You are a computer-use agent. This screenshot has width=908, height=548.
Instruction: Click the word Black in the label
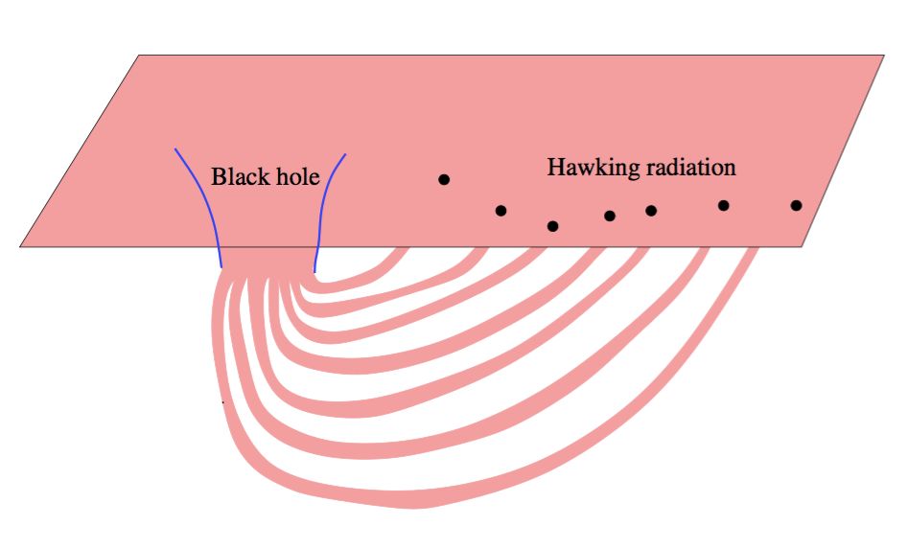pyautogui.click(x=235, y=177)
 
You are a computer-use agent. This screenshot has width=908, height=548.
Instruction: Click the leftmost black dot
pyautogui.click(x=444, y=179)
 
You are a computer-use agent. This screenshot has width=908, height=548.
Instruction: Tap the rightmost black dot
pyautogui.click(x=796, y=205)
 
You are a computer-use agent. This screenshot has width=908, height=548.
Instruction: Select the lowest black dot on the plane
pyautogui.click(x=552, y=226)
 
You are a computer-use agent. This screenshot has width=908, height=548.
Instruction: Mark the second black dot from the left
pyautogui.click(x=501, y=211)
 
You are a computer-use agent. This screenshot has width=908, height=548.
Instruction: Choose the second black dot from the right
pyautogui.click(x=724, y=205)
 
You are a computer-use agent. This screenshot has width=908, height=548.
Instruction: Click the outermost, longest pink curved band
pyautogui.click(x=422, y=498)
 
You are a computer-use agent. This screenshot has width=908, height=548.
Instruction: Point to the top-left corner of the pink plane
pyautogui.click(x=141, y=56)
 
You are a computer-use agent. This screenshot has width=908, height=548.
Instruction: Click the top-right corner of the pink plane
pyautogui.click(x=883, y=56)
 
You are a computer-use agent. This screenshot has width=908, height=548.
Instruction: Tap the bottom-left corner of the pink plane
pyautogui.click(x=21, y=246)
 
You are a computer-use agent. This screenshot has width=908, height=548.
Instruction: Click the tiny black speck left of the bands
pyautogui.click(x=223, y=402)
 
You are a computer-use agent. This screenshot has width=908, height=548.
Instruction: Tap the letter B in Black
pyautogui.click(x=218, y=177)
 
